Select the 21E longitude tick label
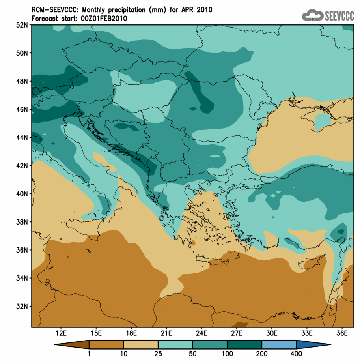166,333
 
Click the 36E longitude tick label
341,333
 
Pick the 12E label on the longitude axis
61,333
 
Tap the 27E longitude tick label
236,333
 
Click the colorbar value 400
296,354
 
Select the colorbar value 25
158,354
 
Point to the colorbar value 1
89,354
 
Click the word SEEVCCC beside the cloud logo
339,15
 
